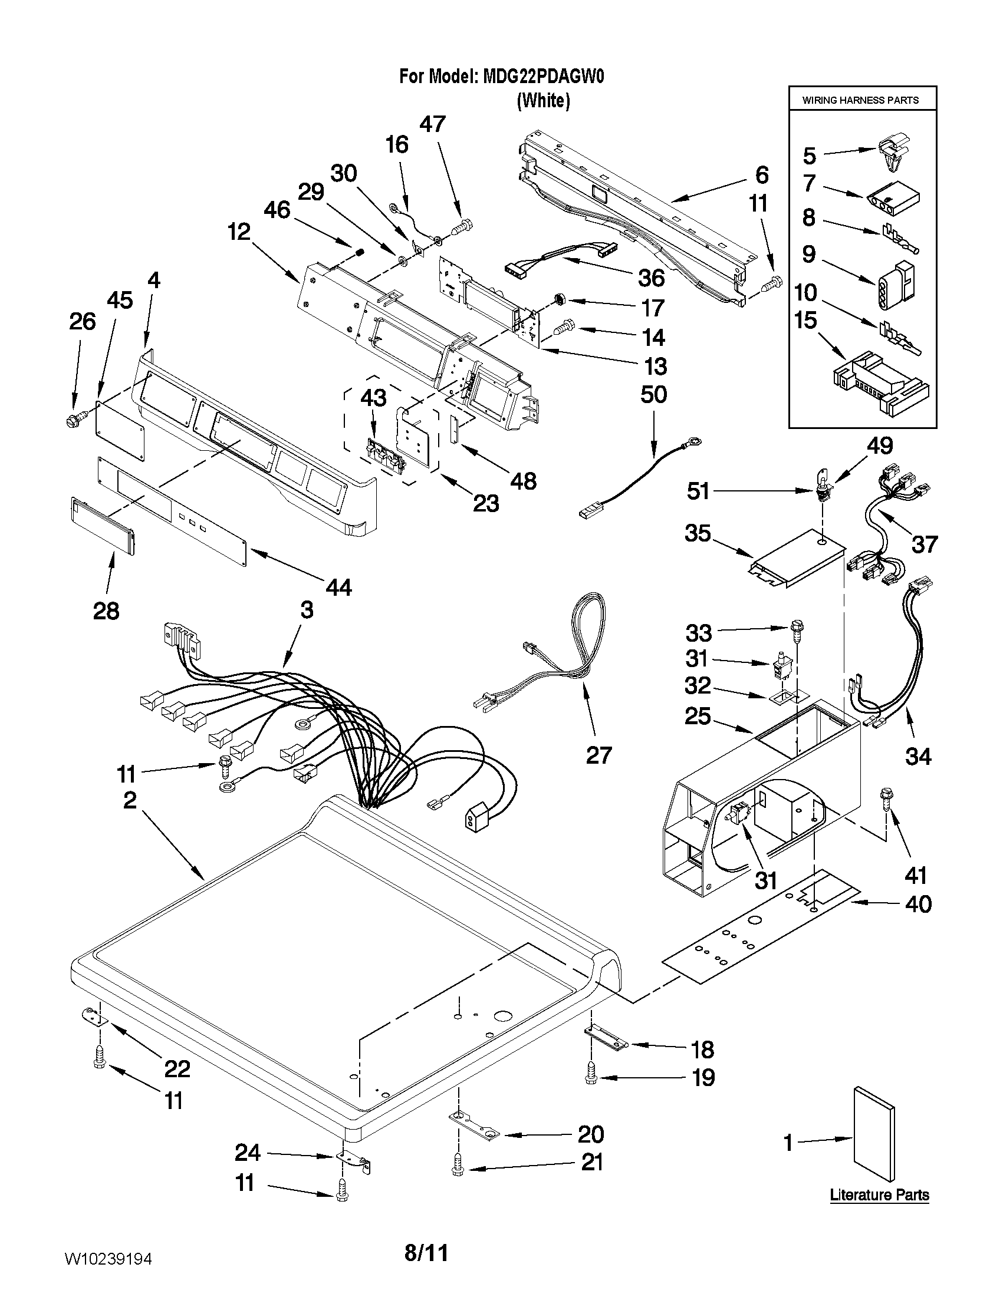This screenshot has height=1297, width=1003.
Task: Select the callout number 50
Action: pyautogui.click(x=653, y=394)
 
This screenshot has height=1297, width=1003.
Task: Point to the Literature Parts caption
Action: pyautogui.click(x=879, y=1195)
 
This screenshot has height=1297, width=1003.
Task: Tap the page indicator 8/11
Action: pyautogui.click(x=426, y=1253)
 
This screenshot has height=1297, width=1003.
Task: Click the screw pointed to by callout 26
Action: pyautogui.click(x=74, y=421)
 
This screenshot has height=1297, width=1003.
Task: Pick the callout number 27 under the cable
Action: pyautogui.click(x=598, y=755)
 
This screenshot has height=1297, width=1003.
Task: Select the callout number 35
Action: pyautogui.click(x=698, y=533)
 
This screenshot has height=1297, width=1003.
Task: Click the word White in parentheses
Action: pyautogui.click(x=543, y=101)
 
